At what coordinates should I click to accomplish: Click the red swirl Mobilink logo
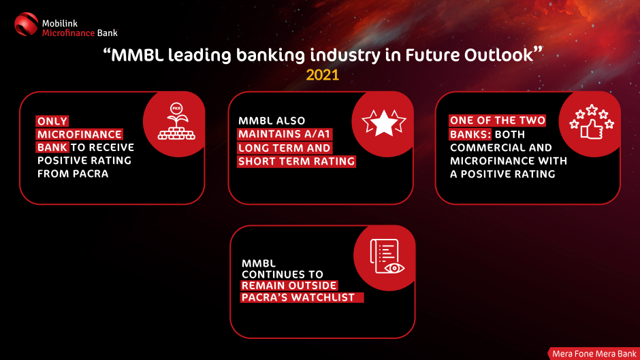[26, 24]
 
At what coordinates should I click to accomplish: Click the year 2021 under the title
[323, 75]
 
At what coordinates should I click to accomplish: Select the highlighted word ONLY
[52, 121]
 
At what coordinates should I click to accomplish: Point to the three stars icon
[384, 122]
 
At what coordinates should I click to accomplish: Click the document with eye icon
[387, 257]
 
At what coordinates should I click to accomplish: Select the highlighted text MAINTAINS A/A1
[285, 134]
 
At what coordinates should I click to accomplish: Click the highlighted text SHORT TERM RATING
[296, 161]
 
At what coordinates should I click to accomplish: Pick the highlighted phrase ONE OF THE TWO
[498, 120]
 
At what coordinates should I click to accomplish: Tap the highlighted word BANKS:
[470, 134]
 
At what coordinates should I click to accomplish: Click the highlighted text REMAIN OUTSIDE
[289, 285]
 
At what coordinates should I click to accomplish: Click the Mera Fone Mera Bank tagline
[594, 354]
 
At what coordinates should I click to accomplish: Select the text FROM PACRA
[73, 174]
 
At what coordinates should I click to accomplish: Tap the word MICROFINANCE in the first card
[80, 134]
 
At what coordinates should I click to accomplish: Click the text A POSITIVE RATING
[502, 174]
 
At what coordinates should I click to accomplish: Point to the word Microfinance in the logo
[68, 33]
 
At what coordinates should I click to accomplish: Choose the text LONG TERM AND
[285, 148]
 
